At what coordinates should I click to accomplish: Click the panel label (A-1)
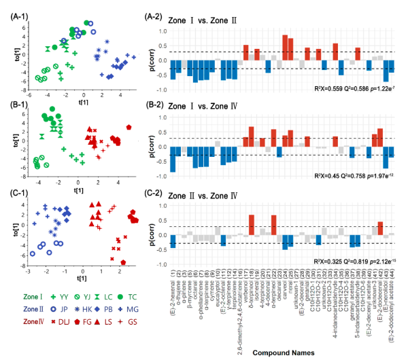pos(16,7)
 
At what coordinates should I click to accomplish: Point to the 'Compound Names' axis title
pos(283,353)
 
